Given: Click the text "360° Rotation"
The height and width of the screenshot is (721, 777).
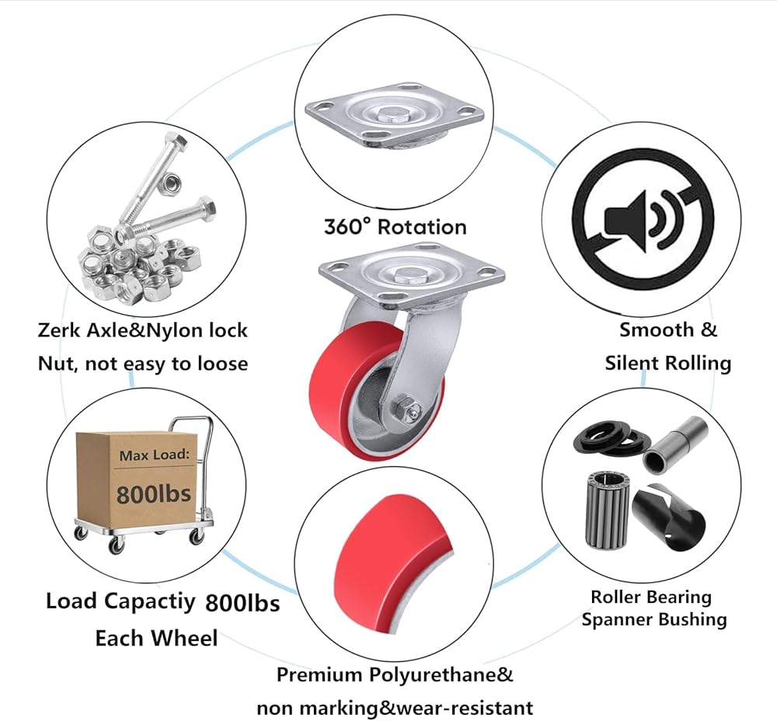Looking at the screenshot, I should tap(395, 227).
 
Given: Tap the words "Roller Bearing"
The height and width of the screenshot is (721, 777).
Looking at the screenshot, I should tap(651, 597).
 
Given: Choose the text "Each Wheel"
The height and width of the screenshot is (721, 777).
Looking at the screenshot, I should tap(156, 639).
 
